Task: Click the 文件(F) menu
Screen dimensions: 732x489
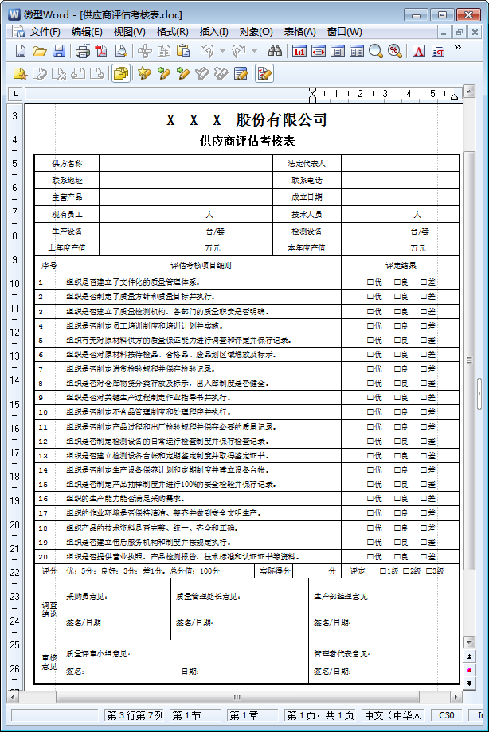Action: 44,32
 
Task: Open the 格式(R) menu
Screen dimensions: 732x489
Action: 172,32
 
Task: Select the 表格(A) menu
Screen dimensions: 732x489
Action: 299,32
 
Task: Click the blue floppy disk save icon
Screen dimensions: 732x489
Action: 59,52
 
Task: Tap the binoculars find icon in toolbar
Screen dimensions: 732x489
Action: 276,52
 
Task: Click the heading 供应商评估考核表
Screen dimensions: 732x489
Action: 247,141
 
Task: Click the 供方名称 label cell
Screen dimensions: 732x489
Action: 67,163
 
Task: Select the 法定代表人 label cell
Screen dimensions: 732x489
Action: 307,163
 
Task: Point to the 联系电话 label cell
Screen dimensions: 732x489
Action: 307,180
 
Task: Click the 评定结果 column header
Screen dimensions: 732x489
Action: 401,266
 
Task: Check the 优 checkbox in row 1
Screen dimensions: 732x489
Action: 370,282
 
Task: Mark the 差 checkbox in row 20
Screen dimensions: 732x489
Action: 424,556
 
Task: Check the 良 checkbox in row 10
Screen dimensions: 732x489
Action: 397,412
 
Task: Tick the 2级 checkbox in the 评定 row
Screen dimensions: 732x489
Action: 406,570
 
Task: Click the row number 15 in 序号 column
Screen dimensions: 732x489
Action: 43,484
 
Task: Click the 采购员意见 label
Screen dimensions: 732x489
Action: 87,596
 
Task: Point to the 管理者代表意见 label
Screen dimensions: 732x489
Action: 341,654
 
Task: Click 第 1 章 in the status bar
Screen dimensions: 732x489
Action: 244,715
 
